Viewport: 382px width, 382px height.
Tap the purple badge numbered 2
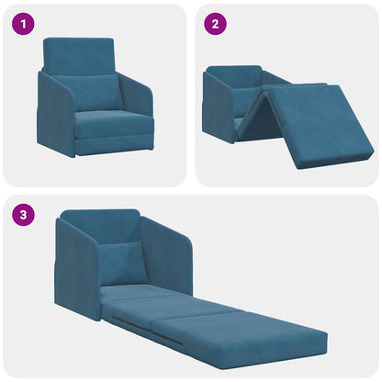pos(214,24)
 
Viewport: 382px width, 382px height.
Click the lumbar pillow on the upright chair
pos(98,91)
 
